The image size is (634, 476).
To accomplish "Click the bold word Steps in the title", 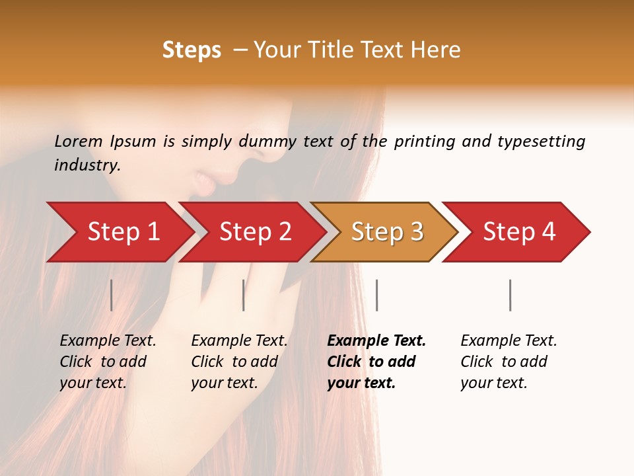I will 192,50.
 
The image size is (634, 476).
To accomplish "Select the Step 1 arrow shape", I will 119,232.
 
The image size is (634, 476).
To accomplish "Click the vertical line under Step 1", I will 111,295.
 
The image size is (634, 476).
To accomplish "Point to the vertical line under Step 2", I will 244,295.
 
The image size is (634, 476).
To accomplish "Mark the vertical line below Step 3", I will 376,295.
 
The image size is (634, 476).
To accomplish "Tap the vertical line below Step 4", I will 510,295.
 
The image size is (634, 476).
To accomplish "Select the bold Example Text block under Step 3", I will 375,361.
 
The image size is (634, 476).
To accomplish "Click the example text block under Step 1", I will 107,361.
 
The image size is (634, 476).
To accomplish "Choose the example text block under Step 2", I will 238,361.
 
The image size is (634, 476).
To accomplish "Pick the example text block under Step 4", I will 508,361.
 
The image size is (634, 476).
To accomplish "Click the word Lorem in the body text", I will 78,141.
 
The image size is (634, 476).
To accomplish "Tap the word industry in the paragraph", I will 87,165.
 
